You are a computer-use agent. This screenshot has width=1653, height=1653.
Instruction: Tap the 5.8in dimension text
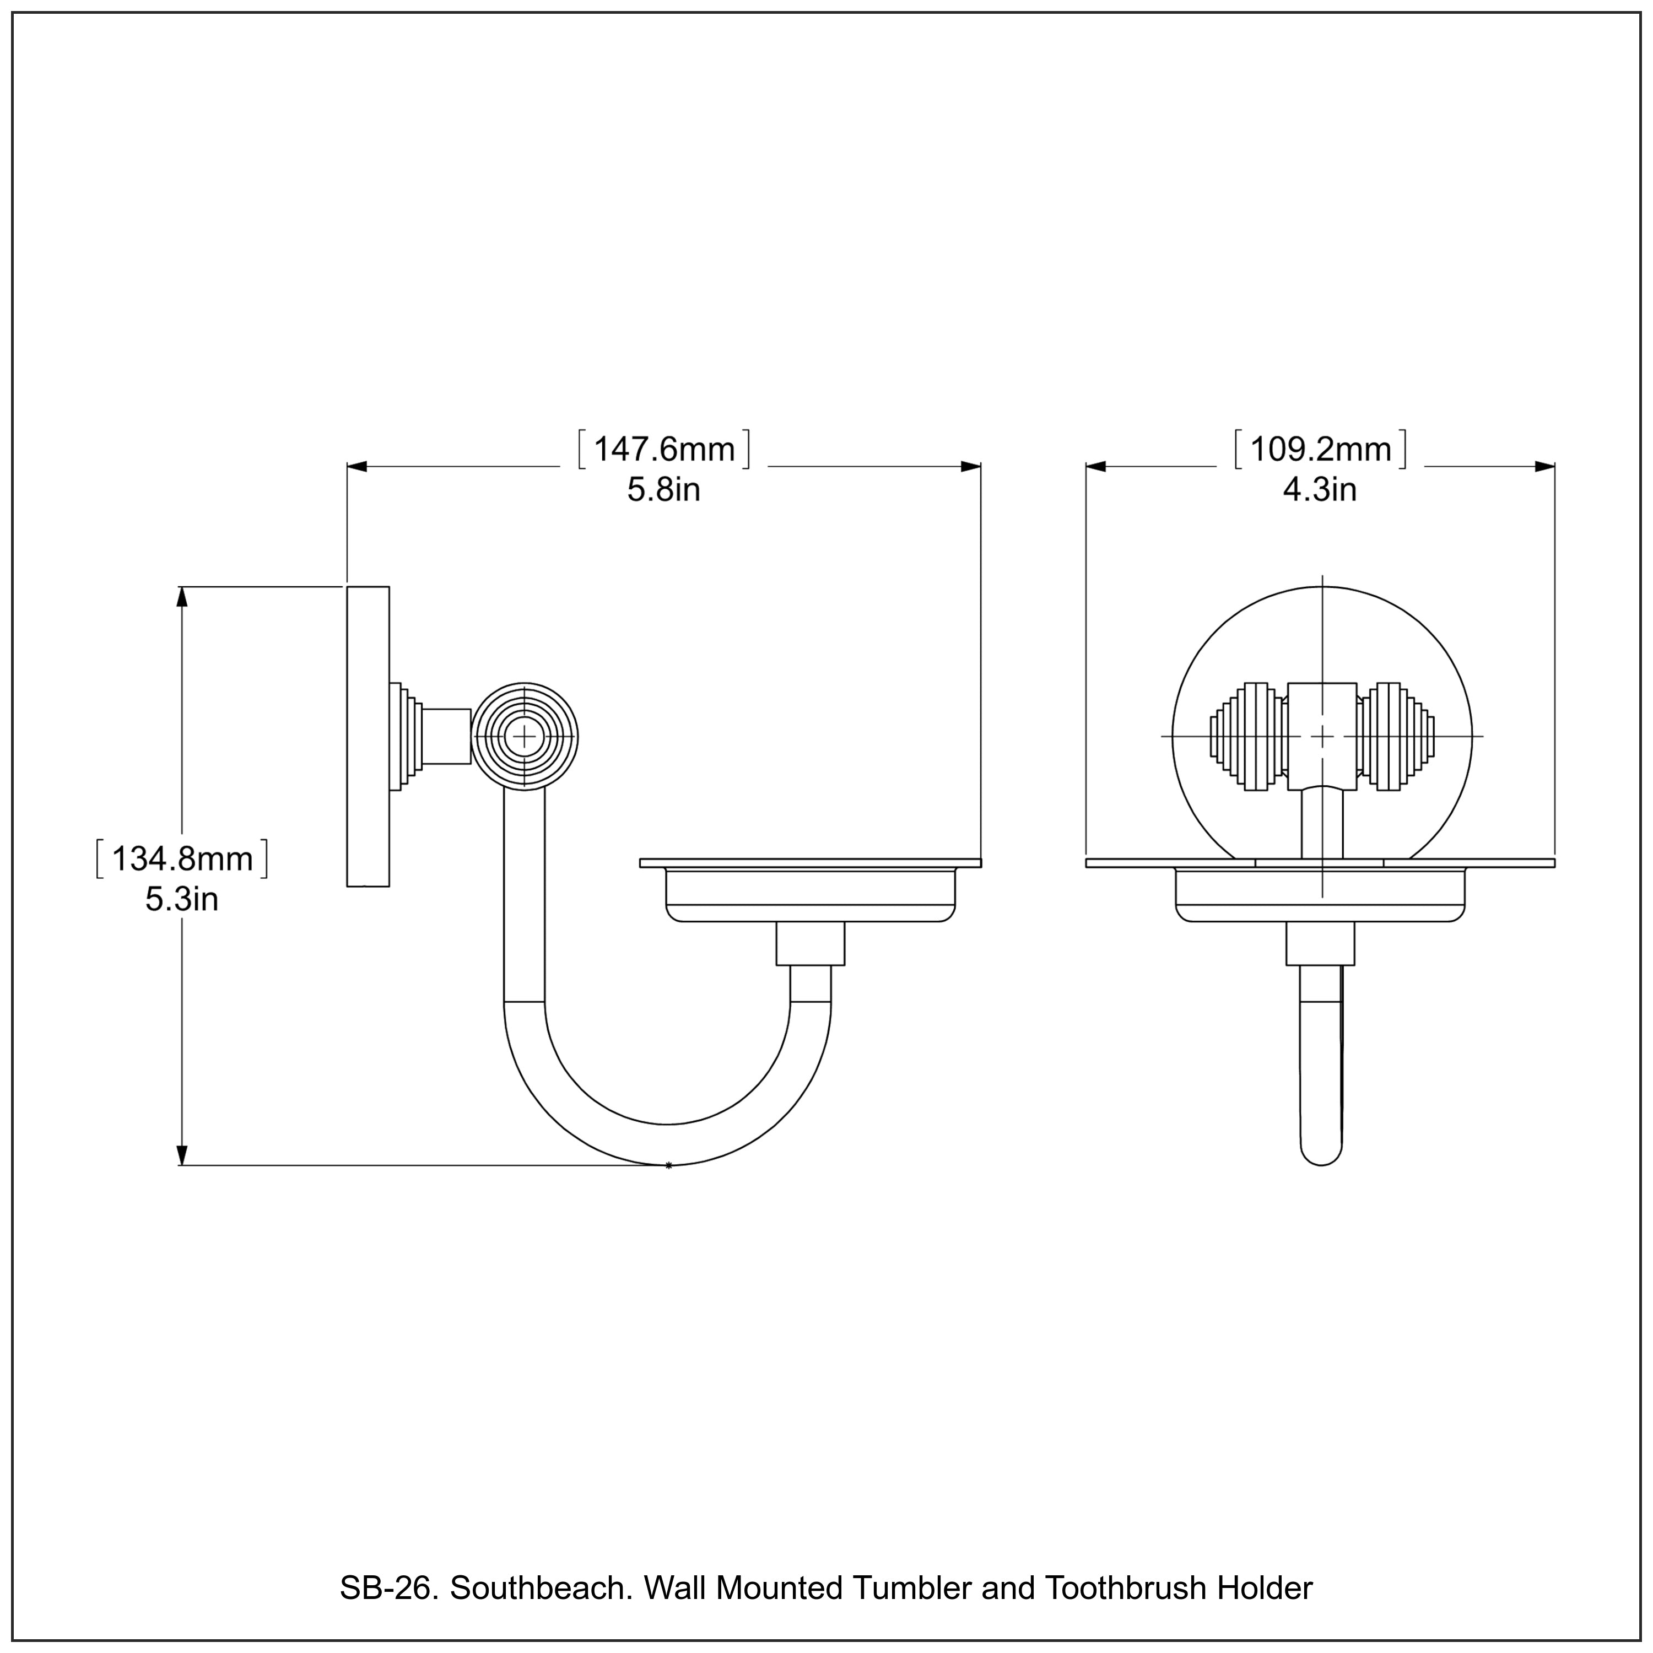pos(664,490)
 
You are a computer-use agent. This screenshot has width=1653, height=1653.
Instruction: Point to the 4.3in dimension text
pos(1320,490)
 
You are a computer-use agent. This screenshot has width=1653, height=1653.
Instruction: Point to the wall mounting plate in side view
pos(368,736)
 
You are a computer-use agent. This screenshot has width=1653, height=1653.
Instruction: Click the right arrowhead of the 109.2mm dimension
pos(1544,466)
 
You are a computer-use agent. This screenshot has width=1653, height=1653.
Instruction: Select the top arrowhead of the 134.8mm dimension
pos(181,596)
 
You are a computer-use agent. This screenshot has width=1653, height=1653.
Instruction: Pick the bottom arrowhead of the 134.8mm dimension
pos(181,1155)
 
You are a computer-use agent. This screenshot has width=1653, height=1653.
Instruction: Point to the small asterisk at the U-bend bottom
pos(668,1165)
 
